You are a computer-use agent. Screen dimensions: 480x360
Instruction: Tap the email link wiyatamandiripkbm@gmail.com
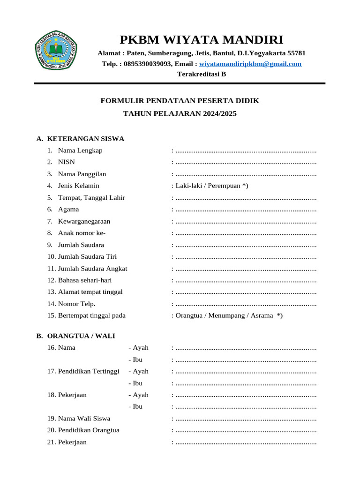(x=250, y=64)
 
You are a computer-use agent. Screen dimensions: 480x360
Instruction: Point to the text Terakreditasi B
(x=201, y=74)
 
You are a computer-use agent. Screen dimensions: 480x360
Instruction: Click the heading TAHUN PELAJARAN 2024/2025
(x=180, y=113)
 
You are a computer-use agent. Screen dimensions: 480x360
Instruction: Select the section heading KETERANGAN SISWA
(x=86, y=139)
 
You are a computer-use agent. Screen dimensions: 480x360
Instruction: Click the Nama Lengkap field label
(x=80, y=150)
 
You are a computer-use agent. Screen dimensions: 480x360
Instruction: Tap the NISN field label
(x=66, y=162)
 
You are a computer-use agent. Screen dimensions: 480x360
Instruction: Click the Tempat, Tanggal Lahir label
(x=91, y=197)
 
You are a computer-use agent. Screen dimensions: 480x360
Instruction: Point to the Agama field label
(x=68, y=210)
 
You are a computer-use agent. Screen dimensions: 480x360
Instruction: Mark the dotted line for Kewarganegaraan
(x=246, y=222)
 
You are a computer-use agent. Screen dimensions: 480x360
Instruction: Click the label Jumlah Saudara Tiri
(x=87, y=256)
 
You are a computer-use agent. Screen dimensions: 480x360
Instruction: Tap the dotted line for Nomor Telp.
(x=246, y=304)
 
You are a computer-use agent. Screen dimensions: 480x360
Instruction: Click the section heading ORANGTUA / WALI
(x=81, y=336)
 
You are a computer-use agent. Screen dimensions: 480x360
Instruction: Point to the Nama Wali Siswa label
(x=84, y=418)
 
